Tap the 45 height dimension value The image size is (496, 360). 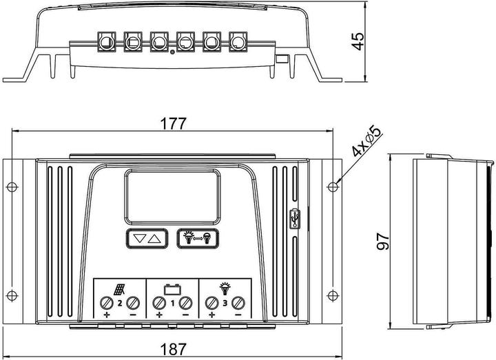click(356, 41)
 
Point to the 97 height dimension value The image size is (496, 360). click(384, 240)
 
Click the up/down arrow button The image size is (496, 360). click(147, 239)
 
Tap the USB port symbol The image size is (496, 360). click(296, 218)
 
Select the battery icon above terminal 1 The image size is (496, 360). click(172, 288)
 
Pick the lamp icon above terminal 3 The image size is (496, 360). click(225, 288)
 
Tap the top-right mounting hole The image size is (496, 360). click(333, 186)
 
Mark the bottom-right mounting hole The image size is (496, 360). click(333, 295)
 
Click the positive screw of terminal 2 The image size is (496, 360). click(107, 303)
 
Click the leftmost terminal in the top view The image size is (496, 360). click(107, 43)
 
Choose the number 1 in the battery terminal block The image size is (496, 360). click(173, 303)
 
